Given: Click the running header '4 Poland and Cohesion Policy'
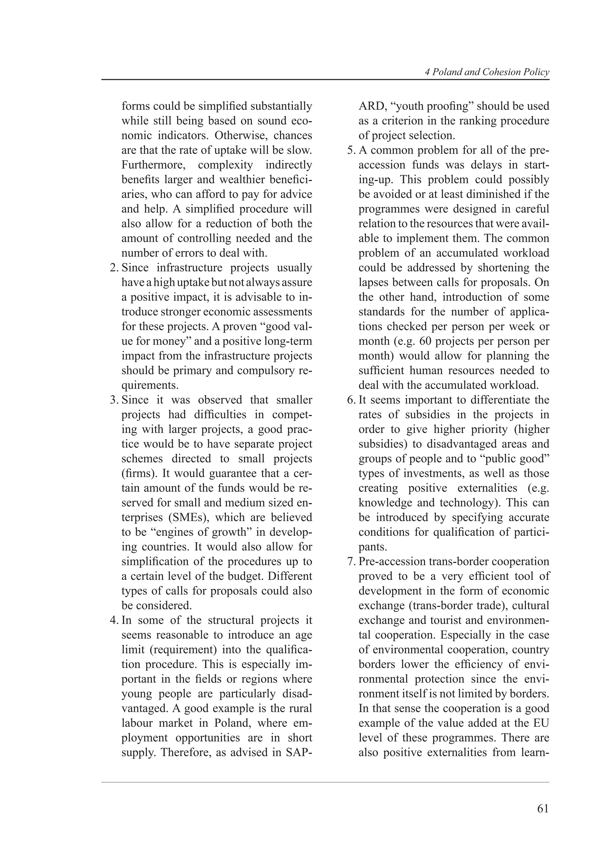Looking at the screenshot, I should pyautogui.click(x=487, y=72).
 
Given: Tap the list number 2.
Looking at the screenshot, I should pyautogui.click(x=114, y=268).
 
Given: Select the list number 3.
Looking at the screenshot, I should pyautogui.click(x=114, y=400).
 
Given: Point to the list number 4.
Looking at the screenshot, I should pyautogui.click(x=114, y=620).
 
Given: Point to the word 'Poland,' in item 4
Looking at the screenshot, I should pyautogui.click(x=231, y=723).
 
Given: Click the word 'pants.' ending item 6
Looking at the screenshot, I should pyautogui.click(x=373, y=547).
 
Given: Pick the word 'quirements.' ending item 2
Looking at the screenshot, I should pyautogui.click(x=150, y=385).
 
